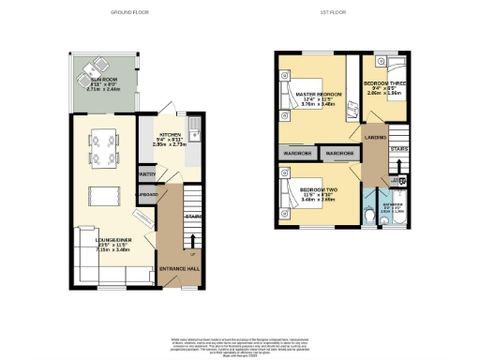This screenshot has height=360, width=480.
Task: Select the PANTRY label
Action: [x=146, y=173]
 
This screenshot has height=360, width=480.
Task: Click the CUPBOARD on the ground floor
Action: [x=147, y=195]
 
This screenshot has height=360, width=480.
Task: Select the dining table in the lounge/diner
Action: [x=102, y=151]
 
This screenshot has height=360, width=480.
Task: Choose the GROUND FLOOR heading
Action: [x=132, y=13]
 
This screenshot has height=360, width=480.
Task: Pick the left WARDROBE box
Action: [x=295, y=153]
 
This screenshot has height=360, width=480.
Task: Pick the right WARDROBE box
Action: [x=338, y=153]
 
